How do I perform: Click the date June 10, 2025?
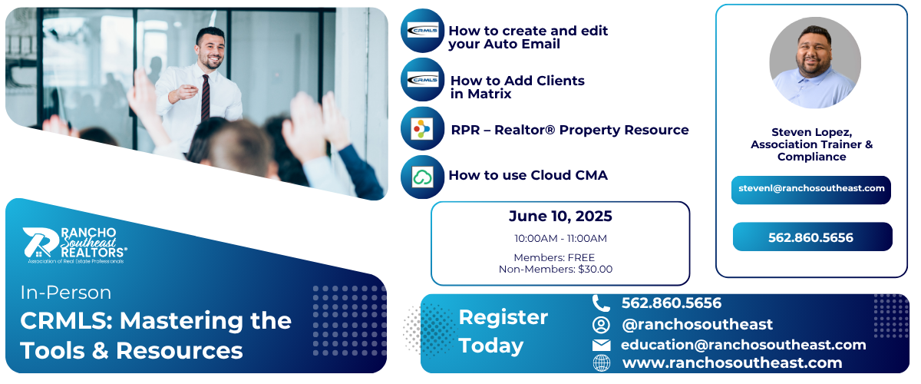pyautogui.click(x=560, y=216)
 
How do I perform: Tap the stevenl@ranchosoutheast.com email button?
pyautogui.click(x=810, y=190)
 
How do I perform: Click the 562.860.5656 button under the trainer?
pyautogui.click(x=812, y=237)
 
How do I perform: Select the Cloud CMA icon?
pyautogui.click(x=422, y=177)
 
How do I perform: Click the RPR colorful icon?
pyautogui.click(x=422, y=129)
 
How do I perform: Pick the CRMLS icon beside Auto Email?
pyautogui.click(x=422, y=31)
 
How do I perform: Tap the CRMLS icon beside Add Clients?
pyautogui.click(x=422, y=79)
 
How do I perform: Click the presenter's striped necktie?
pyautogui.click(x=206, y=98)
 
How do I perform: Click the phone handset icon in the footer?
pyautogui.click(x=601, y=303)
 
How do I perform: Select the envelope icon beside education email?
pyautogui.click(x=601, y=345)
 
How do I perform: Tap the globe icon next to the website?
pyautogui.click(x=602, y=363)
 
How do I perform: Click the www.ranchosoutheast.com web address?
pyautogui.click(x=732, y=362)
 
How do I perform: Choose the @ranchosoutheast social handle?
pyautogui.click(x=698, y=324)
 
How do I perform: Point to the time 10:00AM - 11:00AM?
pyautogui.click(x=560, y=238)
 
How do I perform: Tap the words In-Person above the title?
pyautogui.click(x=66, y=293)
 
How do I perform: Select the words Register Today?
pyautogui.click(x=503, y=331)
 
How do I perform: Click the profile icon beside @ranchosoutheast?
pyautogui.click(x=601, y=325)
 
